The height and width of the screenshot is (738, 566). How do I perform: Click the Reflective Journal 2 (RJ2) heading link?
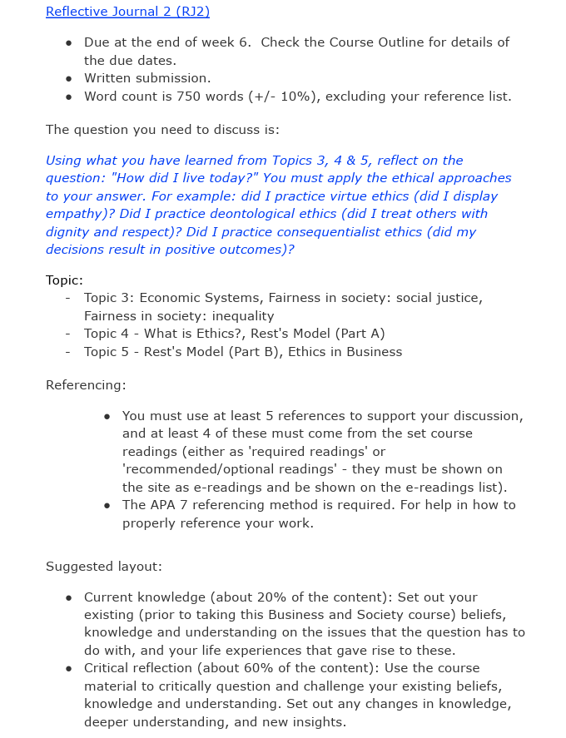127,12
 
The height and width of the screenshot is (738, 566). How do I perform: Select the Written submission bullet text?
147,78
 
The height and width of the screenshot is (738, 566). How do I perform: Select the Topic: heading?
64,280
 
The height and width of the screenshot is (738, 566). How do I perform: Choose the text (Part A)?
360,334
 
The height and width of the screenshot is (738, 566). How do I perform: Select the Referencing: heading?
86,385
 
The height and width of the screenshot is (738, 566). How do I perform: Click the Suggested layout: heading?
103,567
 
